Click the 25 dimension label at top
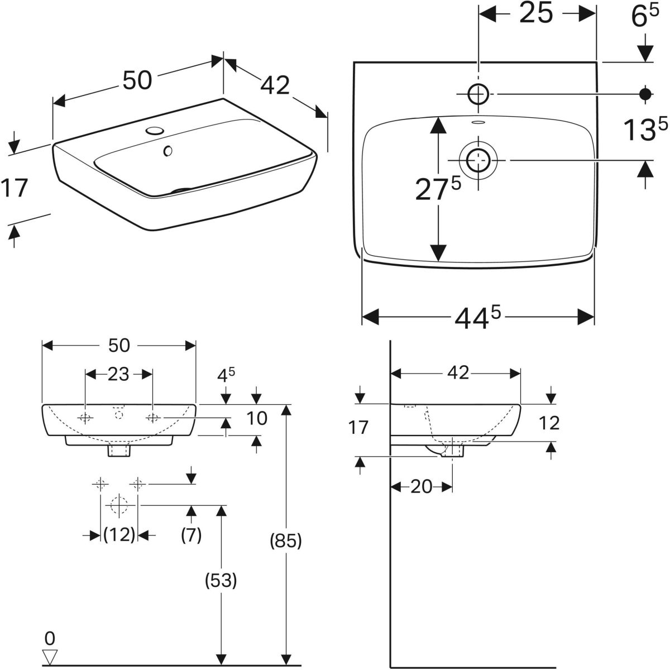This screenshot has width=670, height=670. (x=536, y=13)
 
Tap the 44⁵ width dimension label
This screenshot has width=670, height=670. (x=478, y=317)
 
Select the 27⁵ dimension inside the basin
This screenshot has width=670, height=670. (x=438, y=188)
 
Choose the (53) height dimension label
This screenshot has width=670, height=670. (x=221, y=580)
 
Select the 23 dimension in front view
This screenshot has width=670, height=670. (x=118, y=375)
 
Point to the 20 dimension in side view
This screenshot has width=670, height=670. (x=422, y=486)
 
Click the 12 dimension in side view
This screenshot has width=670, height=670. (x=549, y=423)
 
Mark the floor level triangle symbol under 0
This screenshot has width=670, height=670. (x=49, y=655)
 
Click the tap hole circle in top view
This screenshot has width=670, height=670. (x=478, y=94)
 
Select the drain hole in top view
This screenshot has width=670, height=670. (x=478, y=160)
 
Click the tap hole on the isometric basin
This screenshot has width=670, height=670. (x=155, y=131)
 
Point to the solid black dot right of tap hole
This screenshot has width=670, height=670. (x=645, y=94)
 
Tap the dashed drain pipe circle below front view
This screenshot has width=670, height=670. (x=119, y=505)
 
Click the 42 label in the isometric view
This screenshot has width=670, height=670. (x=275, y=85)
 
